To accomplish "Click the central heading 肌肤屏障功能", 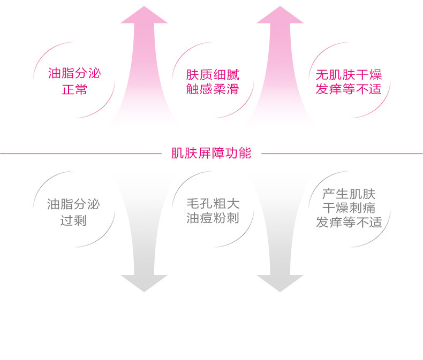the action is [211, 154].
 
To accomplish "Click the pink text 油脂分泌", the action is [74, 73].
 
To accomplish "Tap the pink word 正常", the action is [74, 89].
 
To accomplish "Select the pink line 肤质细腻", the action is [213, 75].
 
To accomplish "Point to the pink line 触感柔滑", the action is [213, 89].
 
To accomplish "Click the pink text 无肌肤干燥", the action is [349, 75].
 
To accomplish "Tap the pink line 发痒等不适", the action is [349, 89].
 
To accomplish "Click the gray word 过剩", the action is [73, 220].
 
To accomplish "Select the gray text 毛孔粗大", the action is [213, 204].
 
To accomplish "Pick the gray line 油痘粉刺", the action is [213, 218].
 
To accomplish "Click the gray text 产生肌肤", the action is [349, 194].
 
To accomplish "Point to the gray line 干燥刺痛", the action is [349, 208].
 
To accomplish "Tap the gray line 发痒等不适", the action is [349, 223].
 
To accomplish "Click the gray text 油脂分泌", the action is [73, 204].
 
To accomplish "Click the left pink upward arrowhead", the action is [144, 15].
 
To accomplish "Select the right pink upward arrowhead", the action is [280, 15].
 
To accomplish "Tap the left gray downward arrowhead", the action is [144, 283].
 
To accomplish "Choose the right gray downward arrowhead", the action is [280, 283].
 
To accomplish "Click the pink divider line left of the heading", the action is [81, 154].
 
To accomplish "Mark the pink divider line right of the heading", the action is [342, 154].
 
